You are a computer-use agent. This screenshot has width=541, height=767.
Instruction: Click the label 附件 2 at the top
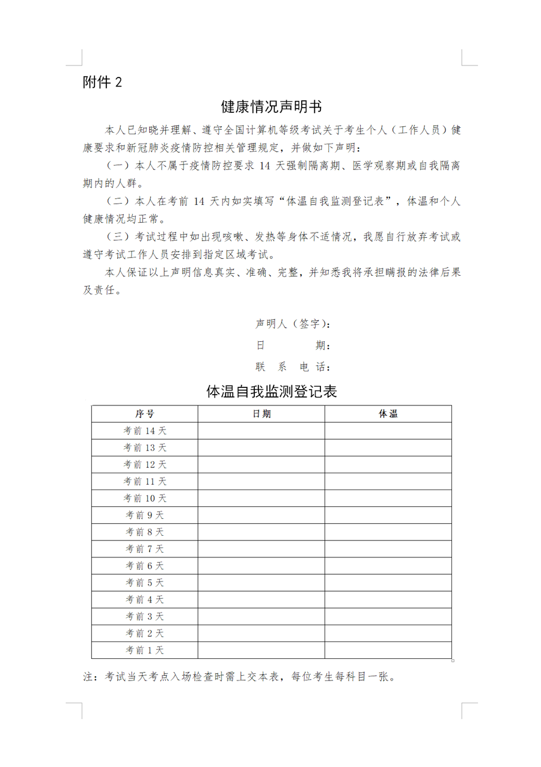102,82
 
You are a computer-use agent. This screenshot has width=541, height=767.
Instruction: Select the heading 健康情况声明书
271,107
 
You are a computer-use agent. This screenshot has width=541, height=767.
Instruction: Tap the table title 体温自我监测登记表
271,392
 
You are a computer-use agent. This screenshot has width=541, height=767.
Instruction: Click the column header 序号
144,414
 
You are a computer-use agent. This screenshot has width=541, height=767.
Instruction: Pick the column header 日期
261,414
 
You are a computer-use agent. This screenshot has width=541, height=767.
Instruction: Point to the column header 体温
388,414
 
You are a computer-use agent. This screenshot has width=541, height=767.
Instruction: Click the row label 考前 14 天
144,431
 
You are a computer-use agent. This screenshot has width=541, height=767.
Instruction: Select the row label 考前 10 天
144,499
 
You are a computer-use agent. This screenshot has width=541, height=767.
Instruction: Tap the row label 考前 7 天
144,549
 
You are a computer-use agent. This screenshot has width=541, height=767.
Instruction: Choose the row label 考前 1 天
144,650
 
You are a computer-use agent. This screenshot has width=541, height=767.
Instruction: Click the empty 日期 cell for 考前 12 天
261,464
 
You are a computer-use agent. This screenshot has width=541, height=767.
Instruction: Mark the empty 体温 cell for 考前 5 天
388,583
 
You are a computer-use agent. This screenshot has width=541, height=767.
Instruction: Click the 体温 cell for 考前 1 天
388,650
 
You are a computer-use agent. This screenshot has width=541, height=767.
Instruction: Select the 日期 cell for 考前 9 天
261,515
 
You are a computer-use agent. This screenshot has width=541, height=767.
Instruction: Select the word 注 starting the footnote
88,677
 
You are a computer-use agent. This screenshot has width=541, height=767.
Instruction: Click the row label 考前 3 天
144,616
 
